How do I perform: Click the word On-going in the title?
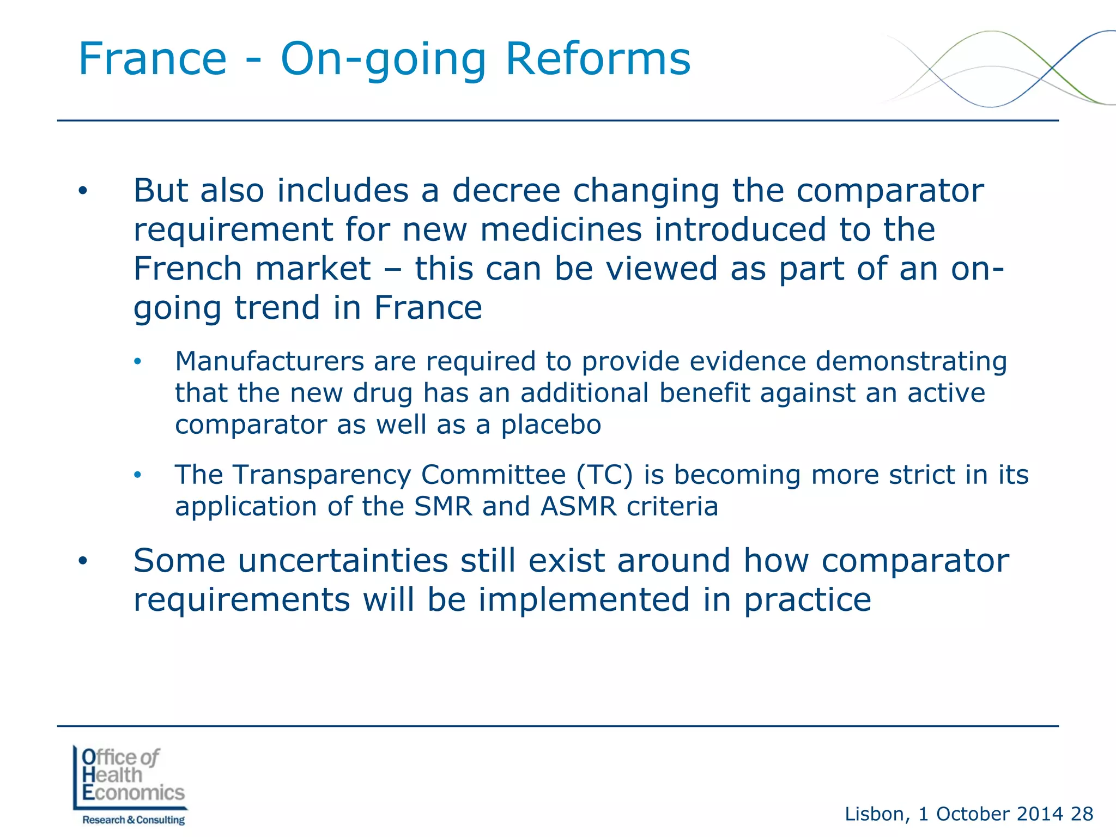383,60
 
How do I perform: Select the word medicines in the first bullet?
561,229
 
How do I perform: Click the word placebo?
550,425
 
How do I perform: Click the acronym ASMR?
578,506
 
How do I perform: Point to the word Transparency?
322,476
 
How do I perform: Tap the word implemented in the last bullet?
584,600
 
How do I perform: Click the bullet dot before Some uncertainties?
82,561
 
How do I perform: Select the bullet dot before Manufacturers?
137,362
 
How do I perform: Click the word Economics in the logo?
134,792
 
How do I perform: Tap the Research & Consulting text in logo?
134,820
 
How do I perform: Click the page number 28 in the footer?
1082,814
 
